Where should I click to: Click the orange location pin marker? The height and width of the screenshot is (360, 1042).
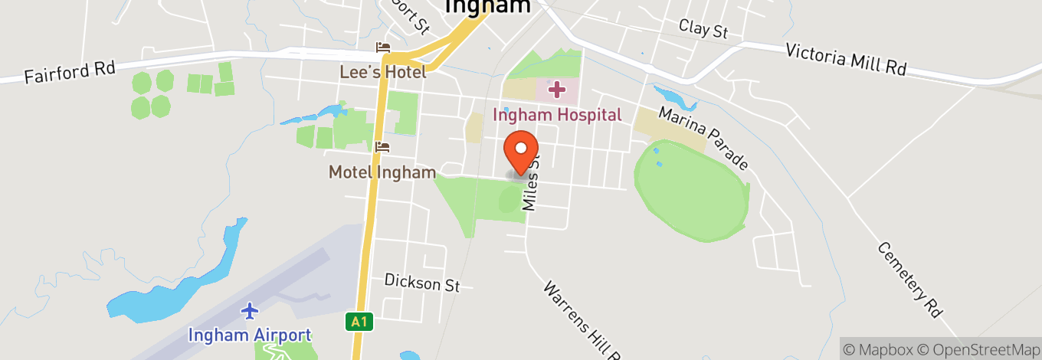pos(521,150)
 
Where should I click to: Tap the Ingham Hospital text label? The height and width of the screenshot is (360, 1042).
pos(557,116)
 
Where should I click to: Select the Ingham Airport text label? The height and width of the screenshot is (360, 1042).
pos(250,335)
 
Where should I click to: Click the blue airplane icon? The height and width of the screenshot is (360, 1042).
pos(250,311)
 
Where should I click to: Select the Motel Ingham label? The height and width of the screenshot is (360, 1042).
pos(382,172)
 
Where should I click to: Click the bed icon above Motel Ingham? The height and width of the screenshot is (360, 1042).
pos(383,146)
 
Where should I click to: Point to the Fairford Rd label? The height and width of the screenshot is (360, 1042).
pos(70,73)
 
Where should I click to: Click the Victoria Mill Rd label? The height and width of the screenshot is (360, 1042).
pos(846,59)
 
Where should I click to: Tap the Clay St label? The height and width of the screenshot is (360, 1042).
pos(703,30)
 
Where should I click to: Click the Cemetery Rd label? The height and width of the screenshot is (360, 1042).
pos(909,280)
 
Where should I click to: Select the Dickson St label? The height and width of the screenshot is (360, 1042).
pos(422,282)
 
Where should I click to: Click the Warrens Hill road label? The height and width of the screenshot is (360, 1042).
pos(579,320)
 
